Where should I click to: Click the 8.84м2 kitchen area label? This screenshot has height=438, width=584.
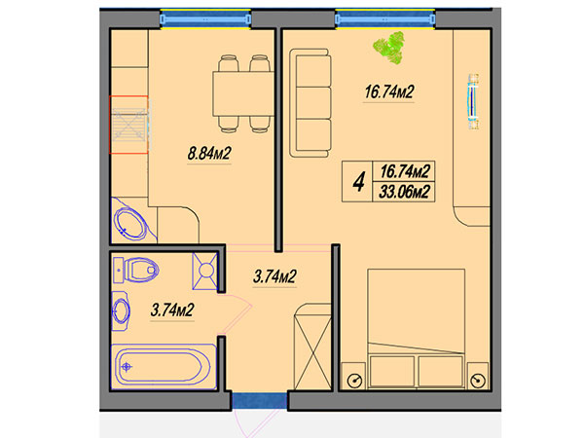click(209, 154)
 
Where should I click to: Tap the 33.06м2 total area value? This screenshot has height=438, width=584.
click(404, 192)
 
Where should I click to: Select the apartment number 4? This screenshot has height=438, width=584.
click(358, 182)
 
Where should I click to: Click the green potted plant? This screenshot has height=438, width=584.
click(389, 48)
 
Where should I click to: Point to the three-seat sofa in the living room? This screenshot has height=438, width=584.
click(310, 103)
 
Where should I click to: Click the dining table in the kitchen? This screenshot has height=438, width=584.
click(243, 93)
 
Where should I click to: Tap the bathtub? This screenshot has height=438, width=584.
click(164, 367)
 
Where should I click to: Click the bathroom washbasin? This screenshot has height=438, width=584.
click(121, 310)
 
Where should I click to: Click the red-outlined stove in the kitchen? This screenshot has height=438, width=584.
click(128, 125)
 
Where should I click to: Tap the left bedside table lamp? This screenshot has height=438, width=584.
click(354, 381)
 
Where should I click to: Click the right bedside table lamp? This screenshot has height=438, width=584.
click(478, 381)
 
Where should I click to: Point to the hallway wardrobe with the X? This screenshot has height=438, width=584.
click(312, 347)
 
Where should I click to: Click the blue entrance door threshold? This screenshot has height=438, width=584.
click(260, 401)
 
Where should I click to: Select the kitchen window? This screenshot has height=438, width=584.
click(205, 18)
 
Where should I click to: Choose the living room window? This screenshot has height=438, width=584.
click(385, 18)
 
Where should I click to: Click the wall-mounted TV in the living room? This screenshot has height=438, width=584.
click(473, 101)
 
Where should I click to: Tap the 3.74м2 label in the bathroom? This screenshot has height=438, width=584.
click(172, 310)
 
